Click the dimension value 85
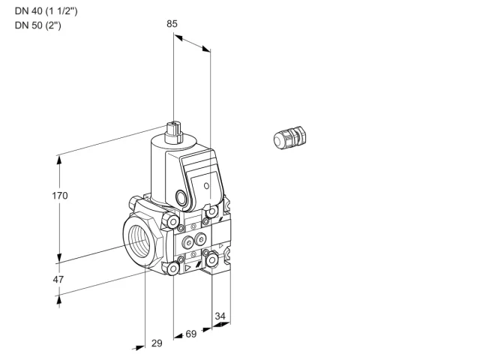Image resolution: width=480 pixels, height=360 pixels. pyautogui.click(x=172, y=24)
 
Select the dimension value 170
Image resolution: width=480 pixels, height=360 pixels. pyautogui.click(x=60, y=195)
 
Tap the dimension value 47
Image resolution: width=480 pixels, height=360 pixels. pyautogui.click(x=58, y=280)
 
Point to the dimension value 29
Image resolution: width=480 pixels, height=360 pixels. pyautogui.click(x=157, y=343)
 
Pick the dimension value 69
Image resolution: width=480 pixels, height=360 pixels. pyautogui.click(x=191, y=334)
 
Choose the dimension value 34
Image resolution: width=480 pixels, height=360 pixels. pyautogui.click(x=220, y=316)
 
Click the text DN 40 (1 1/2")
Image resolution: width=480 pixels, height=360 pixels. pyautogui.click(x=46, y=11)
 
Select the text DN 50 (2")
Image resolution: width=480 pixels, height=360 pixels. pyautogui.click(x=38, y=25)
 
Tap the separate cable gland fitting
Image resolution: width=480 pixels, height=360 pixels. pyautogui.click(x=289, y=137)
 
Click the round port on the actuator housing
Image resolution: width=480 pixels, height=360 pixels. pyautogui.click(x=180, y=196)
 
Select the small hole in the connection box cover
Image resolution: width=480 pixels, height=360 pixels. pyautogui.click(x=207, y=185)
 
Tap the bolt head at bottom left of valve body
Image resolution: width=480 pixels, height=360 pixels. pyautogui.click(x=173, y=268)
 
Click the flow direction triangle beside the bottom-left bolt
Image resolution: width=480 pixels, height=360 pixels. pyautogui.click(x=187, y=268)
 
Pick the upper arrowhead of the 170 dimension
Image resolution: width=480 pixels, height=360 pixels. pyautogui.click(x=59, y=160)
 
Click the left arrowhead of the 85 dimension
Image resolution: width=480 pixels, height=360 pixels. pyautogui.click(x=178, y=37)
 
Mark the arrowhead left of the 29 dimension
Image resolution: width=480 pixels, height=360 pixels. pyautogui.click(x=139, y=348)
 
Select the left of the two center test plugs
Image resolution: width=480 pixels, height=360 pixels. pyautogui.click(x=188, y=243)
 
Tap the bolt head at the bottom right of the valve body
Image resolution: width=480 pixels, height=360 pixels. pyautogui.click(x=211, y=260)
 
